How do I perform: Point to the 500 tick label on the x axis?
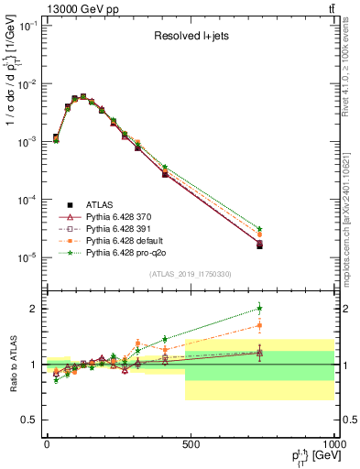click(x=191, y=444)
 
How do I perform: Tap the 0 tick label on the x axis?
click(x=47, y=444)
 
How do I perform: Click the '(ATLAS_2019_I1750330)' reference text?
click(x=190, y=274)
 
